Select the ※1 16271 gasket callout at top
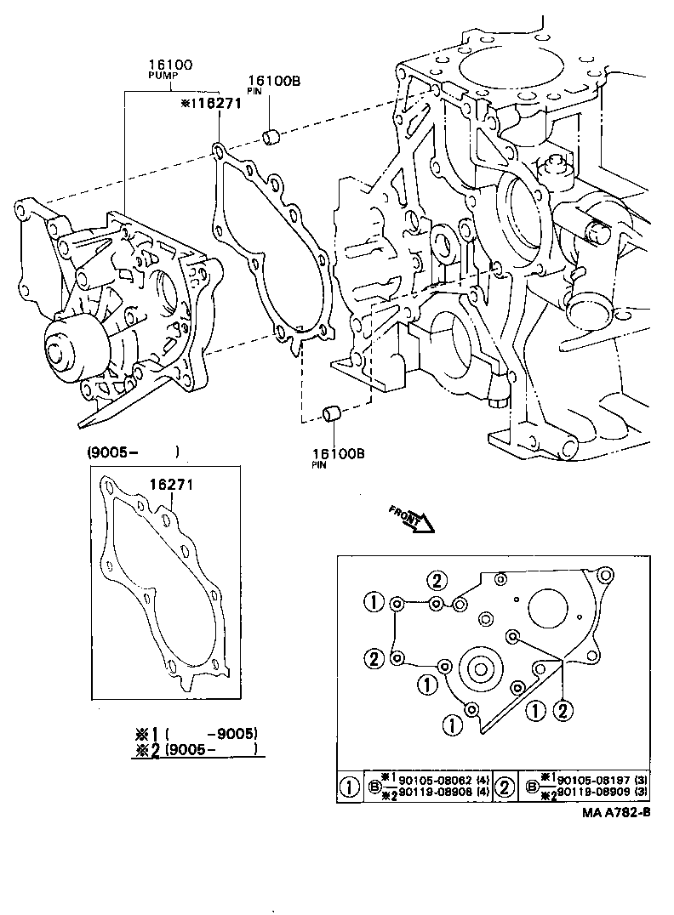[x=212, y=104]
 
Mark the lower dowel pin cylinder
[x=334, y=415]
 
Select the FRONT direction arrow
[x=412, y=519]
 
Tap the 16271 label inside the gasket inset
[x=173, y=485]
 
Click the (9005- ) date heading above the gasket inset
[x=133, y=452]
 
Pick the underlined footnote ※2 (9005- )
[x=197, y=749]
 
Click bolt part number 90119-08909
[x=595, y=793]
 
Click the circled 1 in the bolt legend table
[x=350, y=787]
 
